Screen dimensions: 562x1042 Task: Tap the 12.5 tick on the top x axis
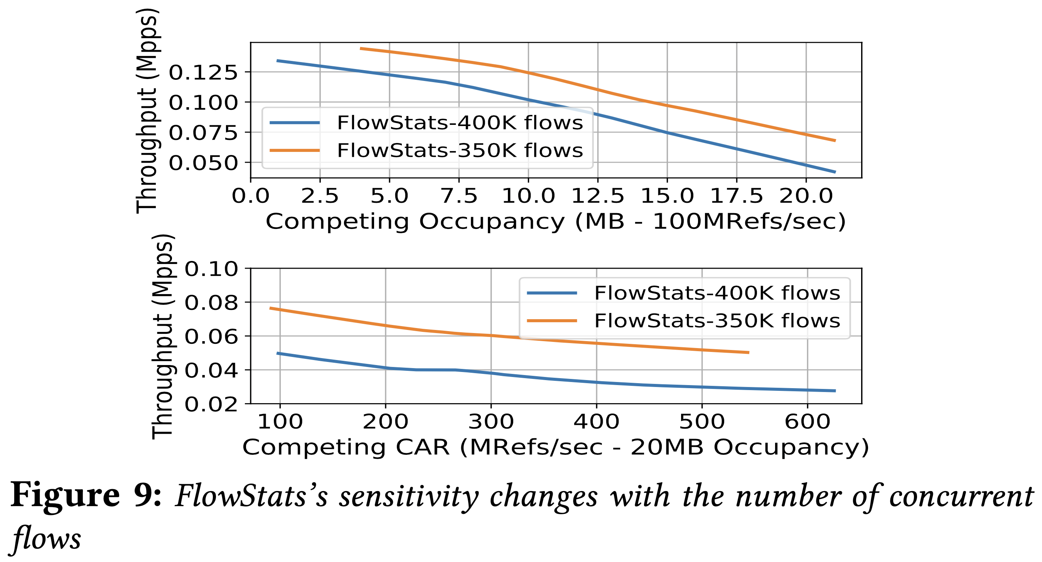(x=597, y=196)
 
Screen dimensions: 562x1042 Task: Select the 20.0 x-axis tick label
(x=806, y=196)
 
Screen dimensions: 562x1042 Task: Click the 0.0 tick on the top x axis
(x=250, y=196)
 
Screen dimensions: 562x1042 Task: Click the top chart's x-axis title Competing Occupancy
(x=555, y=222)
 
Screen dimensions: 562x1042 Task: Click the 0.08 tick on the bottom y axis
(x=211, y=303)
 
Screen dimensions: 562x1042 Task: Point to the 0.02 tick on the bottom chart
(x=211, y=404)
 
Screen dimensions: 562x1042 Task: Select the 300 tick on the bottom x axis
(x=491, y=422)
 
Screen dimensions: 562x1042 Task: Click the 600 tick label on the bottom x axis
(x=808, y=422)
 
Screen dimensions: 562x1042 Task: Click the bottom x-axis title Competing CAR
(x=555, y=447)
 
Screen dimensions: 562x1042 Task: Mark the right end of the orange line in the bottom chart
(x=748, y=353)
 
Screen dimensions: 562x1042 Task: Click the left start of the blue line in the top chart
(x=278, y=61)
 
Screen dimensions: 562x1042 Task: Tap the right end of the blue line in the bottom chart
(x=835, y=391)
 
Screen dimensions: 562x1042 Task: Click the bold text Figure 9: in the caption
(x=86, y=496)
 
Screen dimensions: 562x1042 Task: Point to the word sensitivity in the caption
(x=408, y=496)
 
